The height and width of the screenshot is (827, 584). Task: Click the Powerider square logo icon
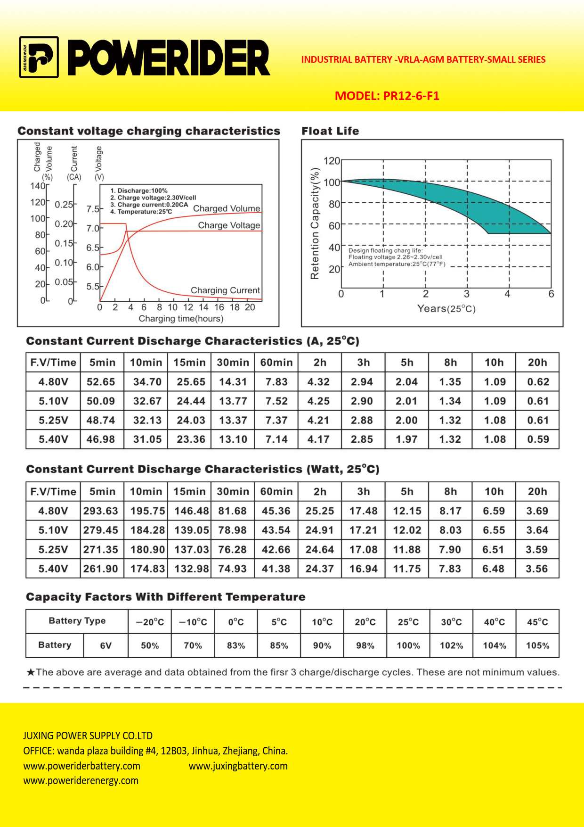coord(39,57)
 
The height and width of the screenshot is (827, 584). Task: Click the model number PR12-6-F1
coord(411,96)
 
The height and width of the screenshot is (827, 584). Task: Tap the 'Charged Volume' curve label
coord(227,208)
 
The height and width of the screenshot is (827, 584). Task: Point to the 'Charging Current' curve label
coord(225,290)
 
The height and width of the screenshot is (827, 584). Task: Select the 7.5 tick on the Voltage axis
coord(93,209)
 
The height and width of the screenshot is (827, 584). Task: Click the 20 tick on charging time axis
coord(250,307)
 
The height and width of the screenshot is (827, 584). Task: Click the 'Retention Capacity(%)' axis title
coord(315,223)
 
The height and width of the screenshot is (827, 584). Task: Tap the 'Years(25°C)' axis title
coord(446,309)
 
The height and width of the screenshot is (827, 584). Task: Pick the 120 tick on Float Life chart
coord(332,161)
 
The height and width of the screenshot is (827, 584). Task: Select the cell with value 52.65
coord(101,382)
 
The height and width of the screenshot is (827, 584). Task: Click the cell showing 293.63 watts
coord(101,511)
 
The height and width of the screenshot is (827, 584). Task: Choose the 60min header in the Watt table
coord(276,492)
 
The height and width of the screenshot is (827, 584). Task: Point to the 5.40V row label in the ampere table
coord(53,439)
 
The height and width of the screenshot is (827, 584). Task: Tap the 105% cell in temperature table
coord(537,645)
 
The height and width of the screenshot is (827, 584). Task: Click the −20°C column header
coord(150,622)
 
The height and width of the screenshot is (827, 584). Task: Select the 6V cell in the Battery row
coord(106,645)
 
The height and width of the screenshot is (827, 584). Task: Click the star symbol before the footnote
coord(31,672)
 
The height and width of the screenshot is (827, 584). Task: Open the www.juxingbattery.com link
coord(238,766)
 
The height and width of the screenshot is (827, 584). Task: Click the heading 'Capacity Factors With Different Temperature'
coord(166,597)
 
